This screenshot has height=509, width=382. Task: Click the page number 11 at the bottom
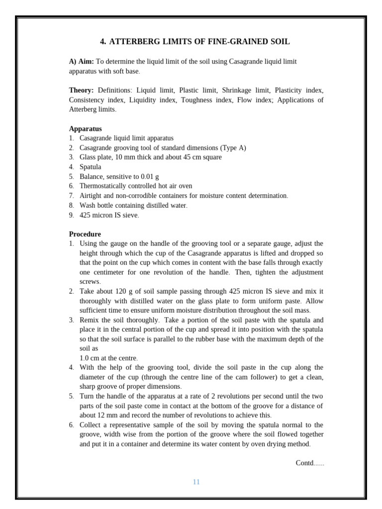[196, 482]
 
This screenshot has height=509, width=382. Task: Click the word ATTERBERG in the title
[132, 42]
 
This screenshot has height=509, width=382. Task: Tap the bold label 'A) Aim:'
[81, 62]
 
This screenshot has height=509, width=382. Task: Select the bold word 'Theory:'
[81, 90]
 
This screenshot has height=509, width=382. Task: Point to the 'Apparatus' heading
[85, 129]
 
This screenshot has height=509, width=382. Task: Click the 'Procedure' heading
[85, 234]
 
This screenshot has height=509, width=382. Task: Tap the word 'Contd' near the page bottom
[304, 463]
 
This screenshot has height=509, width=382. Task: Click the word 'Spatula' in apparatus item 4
[90, 167]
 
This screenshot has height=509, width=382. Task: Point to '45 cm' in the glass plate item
[188, 157]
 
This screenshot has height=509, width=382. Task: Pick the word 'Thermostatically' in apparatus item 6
[103, 186]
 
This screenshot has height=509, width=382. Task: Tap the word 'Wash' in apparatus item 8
[88, 205]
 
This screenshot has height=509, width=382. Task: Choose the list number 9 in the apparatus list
[71, 215]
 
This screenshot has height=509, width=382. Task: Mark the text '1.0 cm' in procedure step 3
[90, 358]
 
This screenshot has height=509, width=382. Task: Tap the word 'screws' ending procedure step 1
[90, 281]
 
